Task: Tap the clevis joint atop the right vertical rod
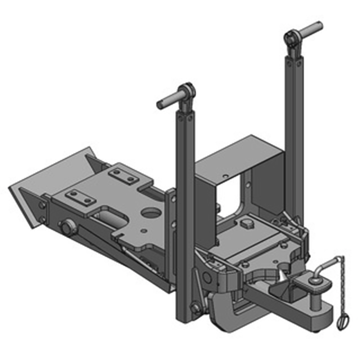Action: tap(291, 38)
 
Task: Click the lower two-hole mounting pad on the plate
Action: tap(78, 197)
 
